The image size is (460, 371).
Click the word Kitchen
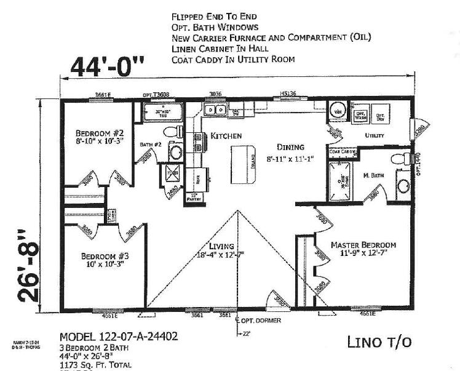tap(226, 135)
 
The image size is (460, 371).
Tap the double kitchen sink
tap(215, 110)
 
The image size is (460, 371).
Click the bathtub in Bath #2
tap(163, 113)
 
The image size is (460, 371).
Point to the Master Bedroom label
tap(363, 244)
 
